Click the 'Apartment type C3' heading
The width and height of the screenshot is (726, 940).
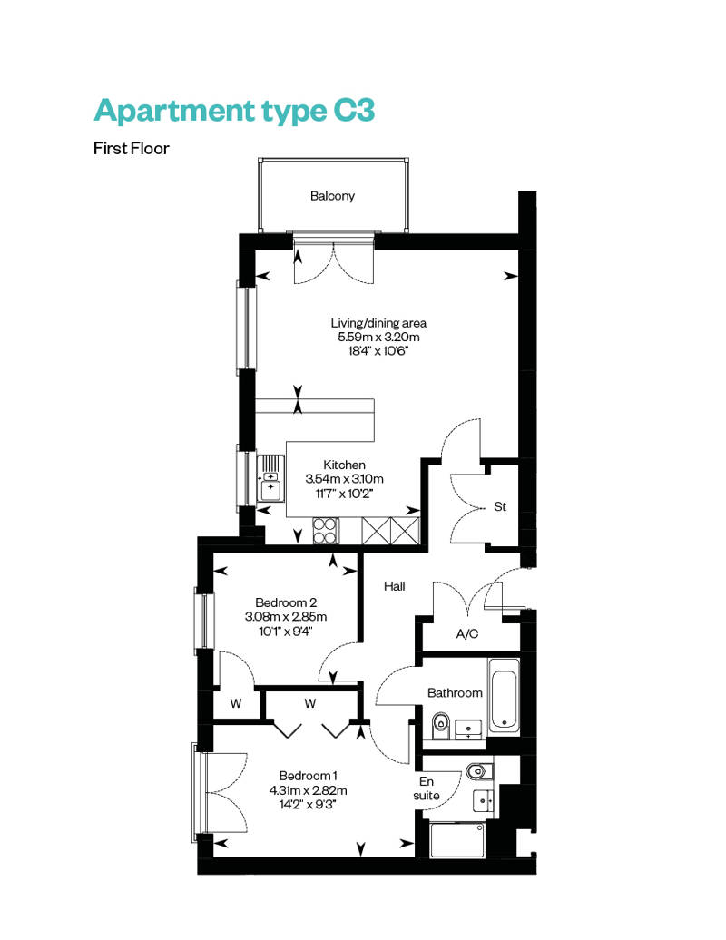coord(234,112)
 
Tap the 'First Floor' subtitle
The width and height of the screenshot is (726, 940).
coord(132,149)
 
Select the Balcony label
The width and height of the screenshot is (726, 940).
coord(333,196)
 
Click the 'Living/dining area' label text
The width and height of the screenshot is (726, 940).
coord(379,323)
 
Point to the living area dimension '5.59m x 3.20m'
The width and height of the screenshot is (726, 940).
coord(379,337)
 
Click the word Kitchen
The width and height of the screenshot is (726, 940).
coord(344,465)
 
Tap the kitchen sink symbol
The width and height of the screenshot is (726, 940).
coord(270,478)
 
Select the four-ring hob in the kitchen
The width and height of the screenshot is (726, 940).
coord(326,531)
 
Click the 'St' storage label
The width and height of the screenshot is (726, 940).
coord(500,506)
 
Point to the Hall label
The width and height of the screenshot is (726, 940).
coord(395,586)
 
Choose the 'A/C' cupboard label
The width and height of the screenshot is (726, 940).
coord(467,633)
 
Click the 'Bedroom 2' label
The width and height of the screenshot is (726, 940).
coord(286,602)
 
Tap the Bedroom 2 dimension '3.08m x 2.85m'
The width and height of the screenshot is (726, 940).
coord(286,616)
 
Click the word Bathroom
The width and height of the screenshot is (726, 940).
coord(455,693)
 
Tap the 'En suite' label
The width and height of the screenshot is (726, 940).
coord(427,788)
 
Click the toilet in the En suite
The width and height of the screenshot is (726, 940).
coord(479,771)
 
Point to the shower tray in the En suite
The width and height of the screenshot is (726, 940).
coord(457,840)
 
